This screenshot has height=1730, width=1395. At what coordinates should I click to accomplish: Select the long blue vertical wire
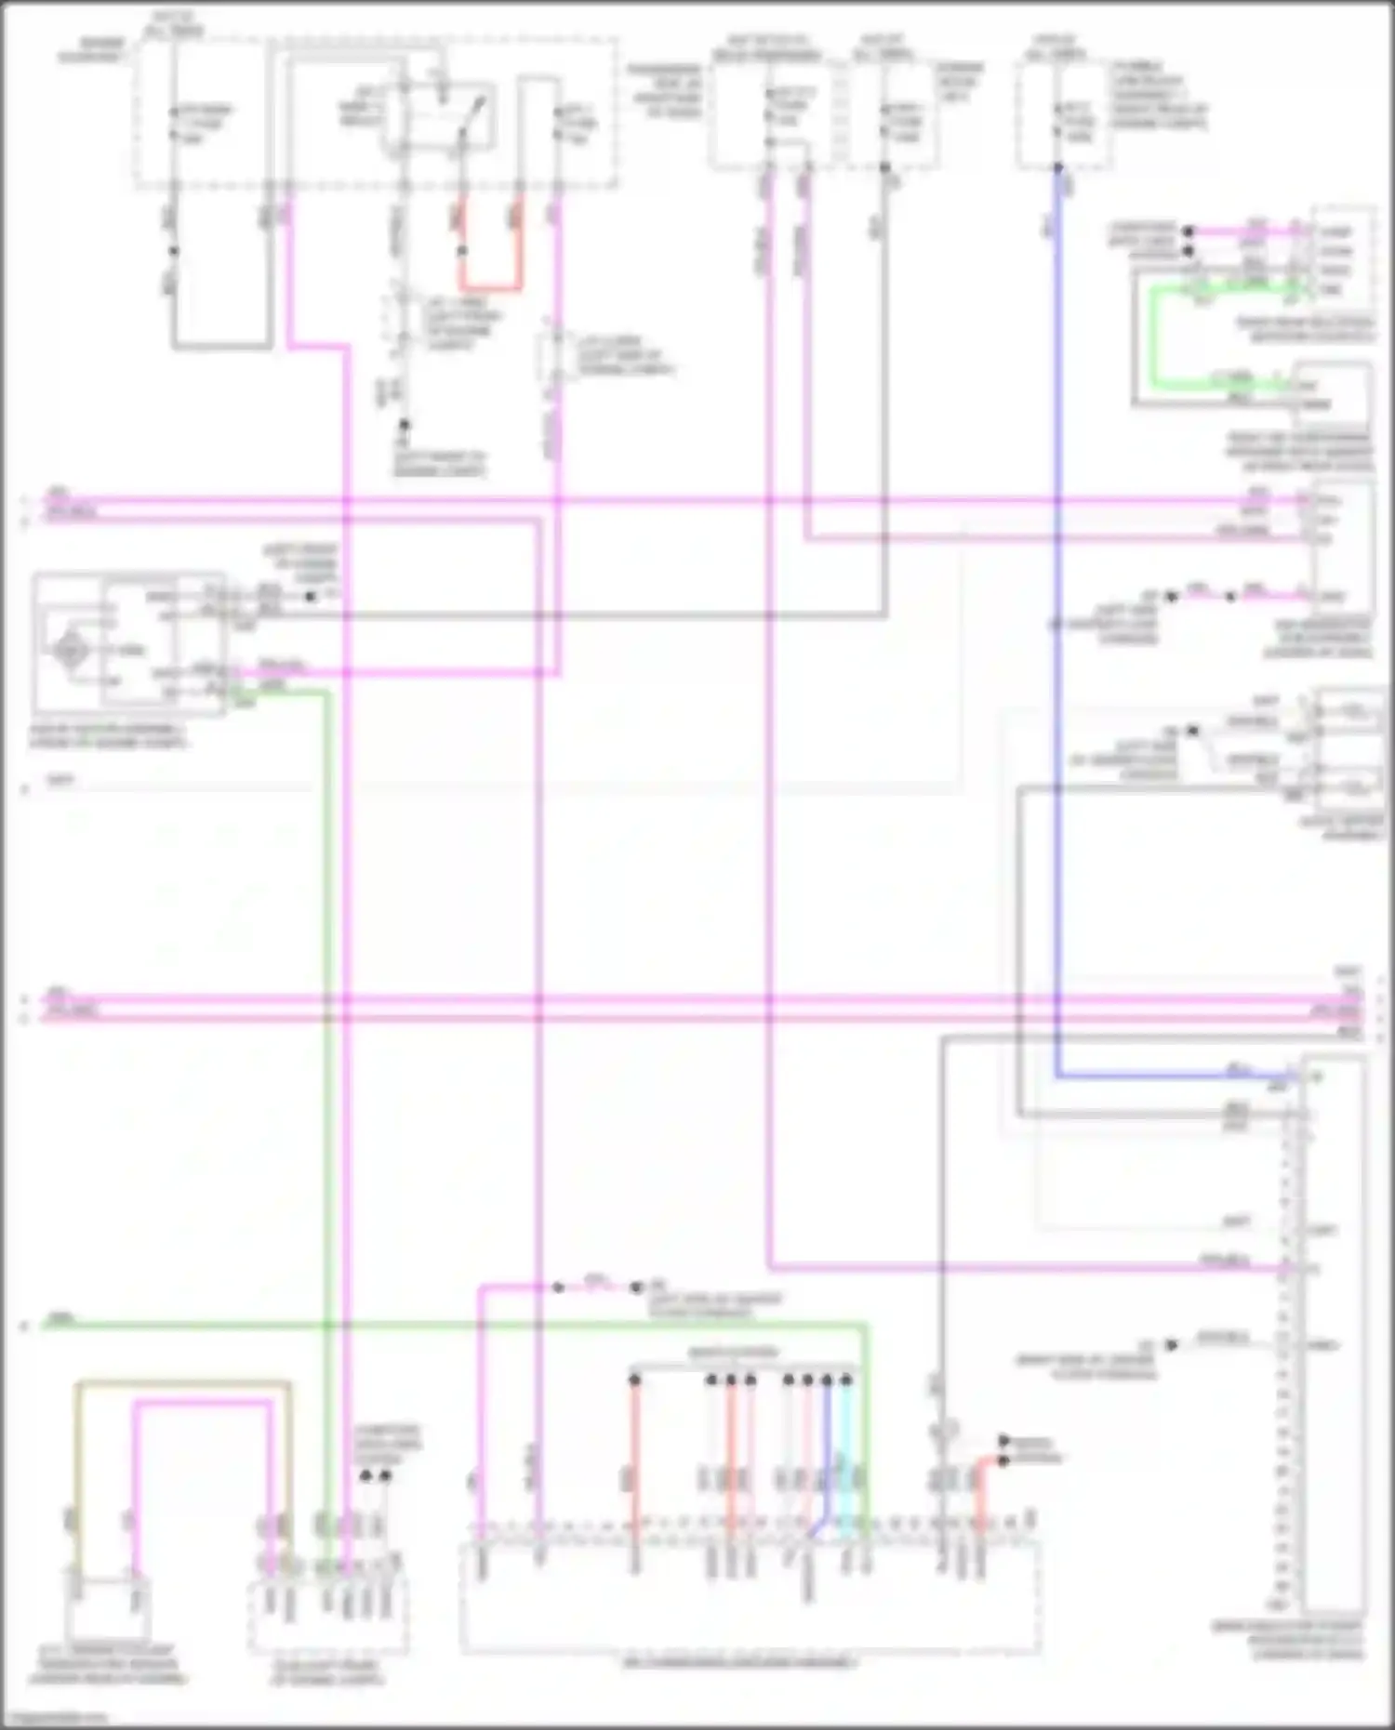(1057, 651)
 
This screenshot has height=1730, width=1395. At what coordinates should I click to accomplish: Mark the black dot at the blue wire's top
(1057, 168)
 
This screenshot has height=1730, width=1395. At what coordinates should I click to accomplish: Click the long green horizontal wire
(446, 1323)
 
